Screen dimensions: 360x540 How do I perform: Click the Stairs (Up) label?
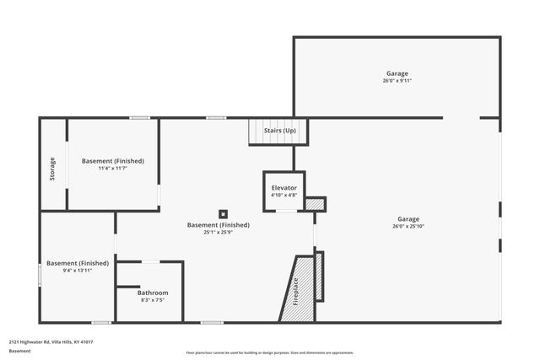point(280,131)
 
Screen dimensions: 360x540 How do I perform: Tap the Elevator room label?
point(283,187)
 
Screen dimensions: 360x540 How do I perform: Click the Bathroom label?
point(153,293)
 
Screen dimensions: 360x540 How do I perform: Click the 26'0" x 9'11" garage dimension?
point(397,81)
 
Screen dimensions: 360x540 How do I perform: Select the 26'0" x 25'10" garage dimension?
point(408,226)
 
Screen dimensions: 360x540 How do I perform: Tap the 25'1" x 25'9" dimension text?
point(218,232)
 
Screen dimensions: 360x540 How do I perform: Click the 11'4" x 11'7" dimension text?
point(112,168)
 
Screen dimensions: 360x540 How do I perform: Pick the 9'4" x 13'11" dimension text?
point(78,271)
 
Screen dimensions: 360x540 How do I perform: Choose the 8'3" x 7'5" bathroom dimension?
point(153,299)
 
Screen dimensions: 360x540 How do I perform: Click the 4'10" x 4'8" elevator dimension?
point(283,195)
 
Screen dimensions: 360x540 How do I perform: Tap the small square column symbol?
point(224,213)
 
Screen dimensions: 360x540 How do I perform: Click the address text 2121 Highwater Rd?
point(51,341)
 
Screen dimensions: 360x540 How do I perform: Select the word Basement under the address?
point(20,350)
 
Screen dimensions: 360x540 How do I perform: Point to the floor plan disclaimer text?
point(270,352)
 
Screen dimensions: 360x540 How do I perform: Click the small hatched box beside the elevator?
point(315,203)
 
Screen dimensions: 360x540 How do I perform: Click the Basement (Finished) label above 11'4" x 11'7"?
point(112,160)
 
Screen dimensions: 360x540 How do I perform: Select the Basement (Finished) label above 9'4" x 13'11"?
point(78,263)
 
